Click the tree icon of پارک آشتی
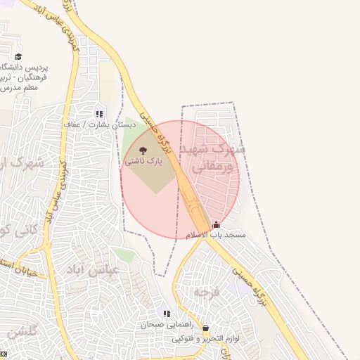(143, 150)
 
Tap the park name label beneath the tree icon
(143, 161)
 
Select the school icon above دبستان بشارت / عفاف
(99, 113)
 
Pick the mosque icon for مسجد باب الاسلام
(216, 225)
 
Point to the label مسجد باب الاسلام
(215, 235)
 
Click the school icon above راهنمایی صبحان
(166, 314)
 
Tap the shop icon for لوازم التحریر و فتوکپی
(205, 328)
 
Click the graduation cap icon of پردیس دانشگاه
(18, 57)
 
